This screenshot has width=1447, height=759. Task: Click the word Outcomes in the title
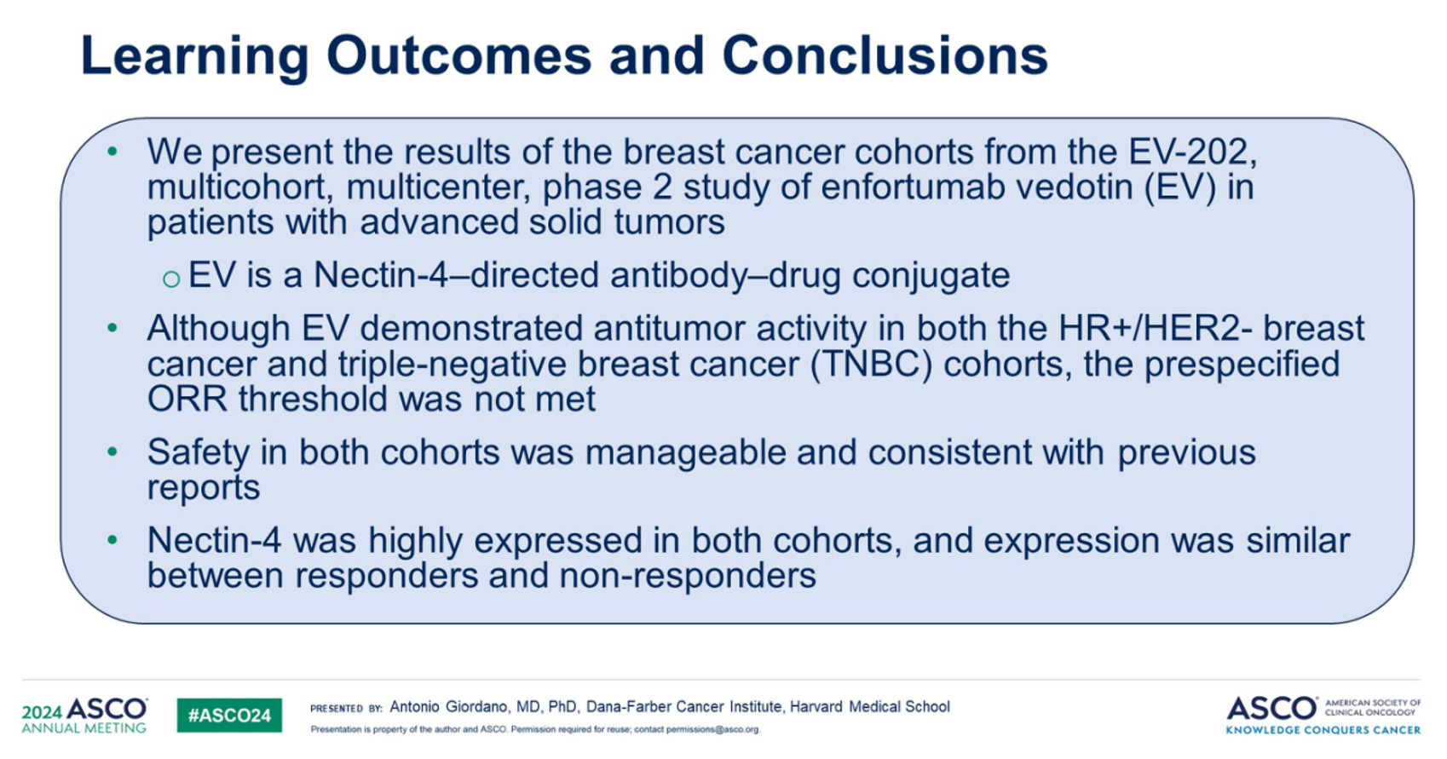458,55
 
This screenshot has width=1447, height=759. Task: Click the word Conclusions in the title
885,55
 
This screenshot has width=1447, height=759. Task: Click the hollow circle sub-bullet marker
171,279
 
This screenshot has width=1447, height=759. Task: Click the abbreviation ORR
187,399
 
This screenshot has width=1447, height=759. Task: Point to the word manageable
685,452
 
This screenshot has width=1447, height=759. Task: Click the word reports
204,488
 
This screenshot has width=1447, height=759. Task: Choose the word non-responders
688,576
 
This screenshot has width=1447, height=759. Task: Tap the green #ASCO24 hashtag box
229,715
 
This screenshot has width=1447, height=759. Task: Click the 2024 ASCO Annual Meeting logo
84,715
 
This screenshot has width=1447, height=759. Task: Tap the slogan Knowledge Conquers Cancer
1323,730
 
